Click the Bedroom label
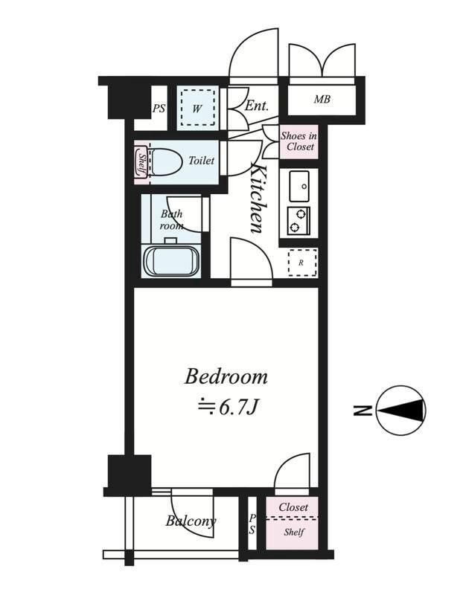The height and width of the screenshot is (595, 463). click(x=226, y=377)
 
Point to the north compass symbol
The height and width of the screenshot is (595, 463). click(x=402, y=411)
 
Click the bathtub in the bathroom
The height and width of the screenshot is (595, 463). click(x=172, y=261)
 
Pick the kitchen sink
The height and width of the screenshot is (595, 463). click(x=299, y=186)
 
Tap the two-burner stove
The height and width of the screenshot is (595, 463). click(x=298, y=221)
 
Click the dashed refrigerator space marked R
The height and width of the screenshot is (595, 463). click(x=302, y=263)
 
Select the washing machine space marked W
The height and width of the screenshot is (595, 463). click(x=197, y=108)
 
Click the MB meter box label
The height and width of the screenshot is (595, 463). click(x=322, y=100)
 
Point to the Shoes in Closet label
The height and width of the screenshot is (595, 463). click(x=299, y=141)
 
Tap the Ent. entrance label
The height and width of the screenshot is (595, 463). click(x=256, y=105)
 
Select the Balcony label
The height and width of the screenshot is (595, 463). click(x=191, y=521)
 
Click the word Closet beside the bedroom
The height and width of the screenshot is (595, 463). click(x=293, y=507)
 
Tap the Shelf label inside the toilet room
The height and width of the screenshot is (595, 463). click(x=142, y=162)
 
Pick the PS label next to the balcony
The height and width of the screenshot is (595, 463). click(x=252, y=524)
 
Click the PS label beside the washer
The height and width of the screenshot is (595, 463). click(x=159, y=109)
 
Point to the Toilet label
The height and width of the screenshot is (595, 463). click(x=201, y=161)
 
